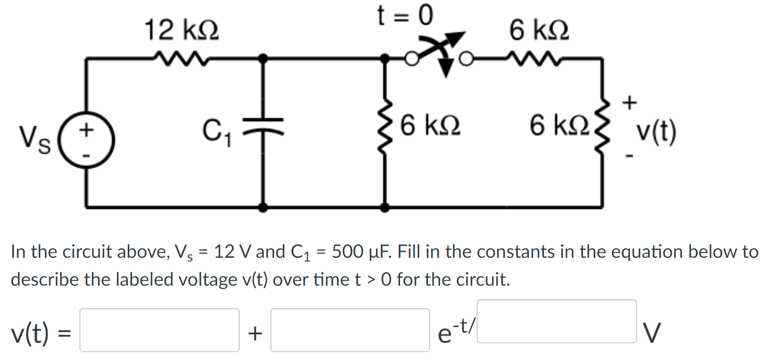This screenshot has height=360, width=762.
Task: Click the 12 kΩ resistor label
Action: [181, 31]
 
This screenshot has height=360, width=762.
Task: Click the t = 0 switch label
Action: [405, 16]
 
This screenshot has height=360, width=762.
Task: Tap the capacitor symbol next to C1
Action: [263, 126]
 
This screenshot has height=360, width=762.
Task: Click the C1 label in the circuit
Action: [216, 132]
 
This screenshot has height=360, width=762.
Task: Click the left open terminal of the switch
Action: [411, 59]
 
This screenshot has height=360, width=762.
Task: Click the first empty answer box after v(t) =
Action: [159, 330]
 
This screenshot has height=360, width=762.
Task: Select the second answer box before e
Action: [350, 330]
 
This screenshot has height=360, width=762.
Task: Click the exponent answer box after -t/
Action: [556, 321]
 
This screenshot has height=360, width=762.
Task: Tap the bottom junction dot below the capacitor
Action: [263, 207]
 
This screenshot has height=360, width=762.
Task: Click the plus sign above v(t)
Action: [630, 102]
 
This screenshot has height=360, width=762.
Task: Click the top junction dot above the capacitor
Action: [263, 58]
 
